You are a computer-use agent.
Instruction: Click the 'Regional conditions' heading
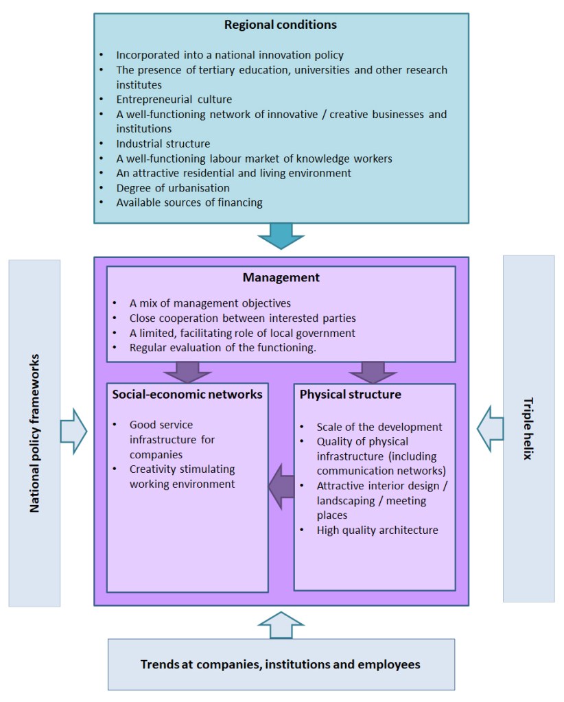(x=281, y=25)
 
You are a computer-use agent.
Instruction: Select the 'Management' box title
(x=281, y=278)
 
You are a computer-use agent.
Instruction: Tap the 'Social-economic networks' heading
(x=187, y=395)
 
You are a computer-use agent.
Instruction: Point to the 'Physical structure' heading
(x=351, y=395)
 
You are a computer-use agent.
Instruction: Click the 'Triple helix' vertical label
(x=528, y=428)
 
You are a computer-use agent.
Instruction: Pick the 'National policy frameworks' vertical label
(x=34, y=433)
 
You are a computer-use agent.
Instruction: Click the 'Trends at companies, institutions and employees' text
(x=281, y=664)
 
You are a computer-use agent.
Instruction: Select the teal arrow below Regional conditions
(x=281, y=235)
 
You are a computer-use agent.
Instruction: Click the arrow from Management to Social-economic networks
(x=187, y=371)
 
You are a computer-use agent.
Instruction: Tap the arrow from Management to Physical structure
(x=373, y=371)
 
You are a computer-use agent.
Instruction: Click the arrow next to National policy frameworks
(x=73, y=432)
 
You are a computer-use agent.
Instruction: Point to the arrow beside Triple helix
(x=490, y=428)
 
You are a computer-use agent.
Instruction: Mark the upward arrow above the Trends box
(x=281, y=624)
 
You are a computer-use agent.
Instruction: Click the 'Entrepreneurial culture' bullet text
(x=174, y=100)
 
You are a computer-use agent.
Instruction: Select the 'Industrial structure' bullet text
(x=163, y=144)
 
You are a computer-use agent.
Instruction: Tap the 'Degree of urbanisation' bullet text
(x=173, y=188)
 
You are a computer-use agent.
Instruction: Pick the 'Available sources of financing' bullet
(x=189, y=202)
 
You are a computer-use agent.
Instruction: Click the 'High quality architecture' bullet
(x=377, y=530)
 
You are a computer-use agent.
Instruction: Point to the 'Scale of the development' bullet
(x=379, y=427)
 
